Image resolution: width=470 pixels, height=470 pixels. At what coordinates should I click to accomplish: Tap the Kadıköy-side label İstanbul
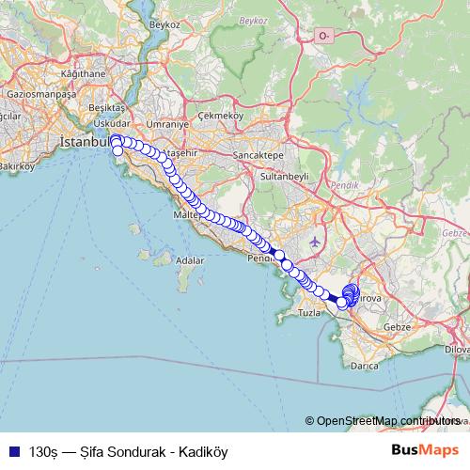click(86, 141)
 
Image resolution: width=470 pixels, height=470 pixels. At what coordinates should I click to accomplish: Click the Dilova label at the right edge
click(457, 348)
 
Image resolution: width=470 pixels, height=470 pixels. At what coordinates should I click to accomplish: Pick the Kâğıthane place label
click(82, 72)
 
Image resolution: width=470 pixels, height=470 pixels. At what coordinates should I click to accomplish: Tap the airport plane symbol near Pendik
click(313, 241)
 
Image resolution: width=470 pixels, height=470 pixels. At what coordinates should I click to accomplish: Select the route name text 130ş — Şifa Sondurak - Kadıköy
click(129, 451)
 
